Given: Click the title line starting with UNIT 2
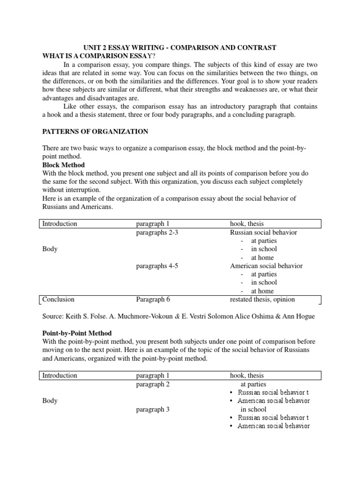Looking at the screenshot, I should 180,47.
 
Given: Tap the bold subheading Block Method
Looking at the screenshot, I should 63,165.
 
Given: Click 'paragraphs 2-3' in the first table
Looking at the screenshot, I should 157,232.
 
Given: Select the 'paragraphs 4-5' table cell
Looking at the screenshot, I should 157,266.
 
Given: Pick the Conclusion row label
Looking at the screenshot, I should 58,299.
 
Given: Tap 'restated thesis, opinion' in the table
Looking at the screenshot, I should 262,299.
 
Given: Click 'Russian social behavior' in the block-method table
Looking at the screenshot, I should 263,232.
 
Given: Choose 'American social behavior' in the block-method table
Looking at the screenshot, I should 266,266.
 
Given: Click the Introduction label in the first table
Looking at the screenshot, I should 60,224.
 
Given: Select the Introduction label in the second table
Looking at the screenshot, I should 60,375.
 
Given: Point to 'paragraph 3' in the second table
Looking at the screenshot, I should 153,409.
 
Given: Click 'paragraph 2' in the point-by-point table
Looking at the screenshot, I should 153,384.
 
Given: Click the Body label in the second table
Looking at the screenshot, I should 50,401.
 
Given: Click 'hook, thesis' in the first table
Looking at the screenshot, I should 247,224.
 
